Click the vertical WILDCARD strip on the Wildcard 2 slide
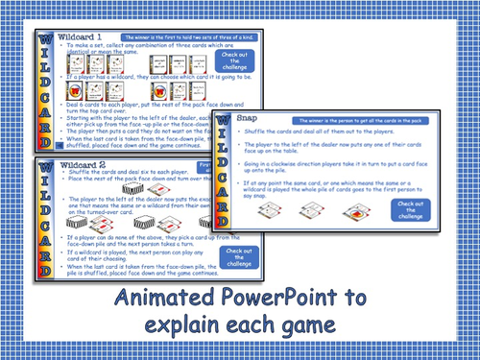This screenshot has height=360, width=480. point(45,221)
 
